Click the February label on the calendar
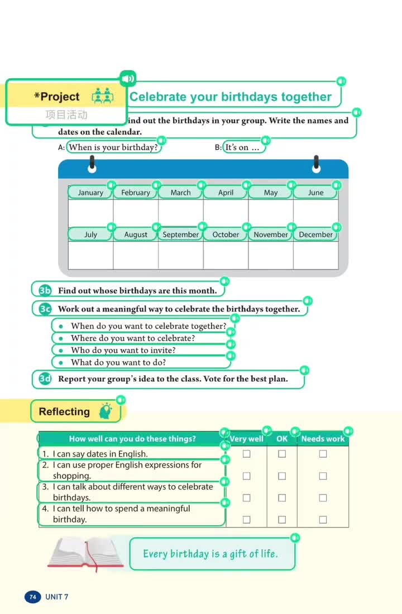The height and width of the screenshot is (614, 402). [x=135, y=193]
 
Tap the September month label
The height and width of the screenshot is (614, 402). [x=180, y=235]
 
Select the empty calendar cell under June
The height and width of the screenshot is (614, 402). [x=315, y=213]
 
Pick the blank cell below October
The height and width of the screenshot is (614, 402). [x=226, y=255]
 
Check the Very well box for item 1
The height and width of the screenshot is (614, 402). [x=246, y=454]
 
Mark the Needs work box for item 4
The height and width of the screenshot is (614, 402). [x=323, y=520]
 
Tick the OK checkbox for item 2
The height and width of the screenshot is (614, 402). [x=282, y=476]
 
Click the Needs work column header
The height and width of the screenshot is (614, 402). [x=323, y=439]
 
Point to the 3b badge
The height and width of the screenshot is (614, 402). [x=45, y=290]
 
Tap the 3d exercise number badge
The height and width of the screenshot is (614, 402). [x=45, y=379]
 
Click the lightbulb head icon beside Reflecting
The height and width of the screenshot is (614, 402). [x=105, y=411]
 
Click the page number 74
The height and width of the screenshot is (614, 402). [x=32, y=597]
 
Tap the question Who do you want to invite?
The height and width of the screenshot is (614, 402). [x=123, y=351]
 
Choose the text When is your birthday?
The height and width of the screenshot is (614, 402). [x=113, y=147]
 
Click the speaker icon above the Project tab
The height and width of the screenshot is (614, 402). [x=128, y=78]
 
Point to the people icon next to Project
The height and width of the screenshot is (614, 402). [x=102, y=96]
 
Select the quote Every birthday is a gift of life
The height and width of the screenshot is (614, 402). [x=210, y=554]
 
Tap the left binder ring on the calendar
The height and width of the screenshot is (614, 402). [x=92, y=164]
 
